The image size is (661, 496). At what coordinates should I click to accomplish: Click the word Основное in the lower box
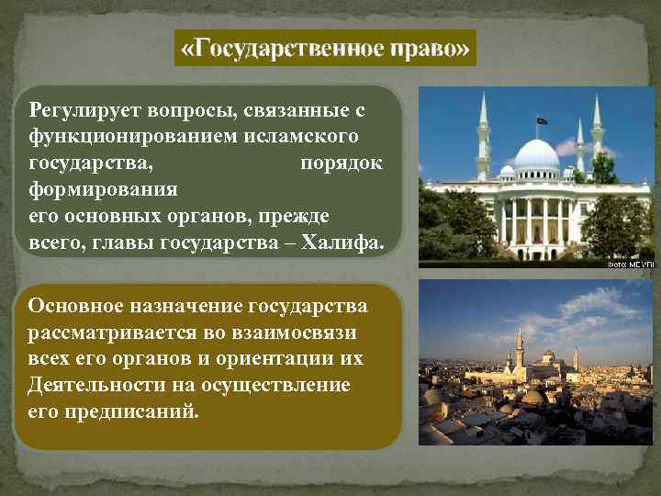[73, 306]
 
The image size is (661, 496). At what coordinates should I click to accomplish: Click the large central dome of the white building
[537, 156]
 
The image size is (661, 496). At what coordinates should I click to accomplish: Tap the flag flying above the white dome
[543, 120]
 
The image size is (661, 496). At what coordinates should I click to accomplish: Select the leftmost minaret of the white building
[484, 138]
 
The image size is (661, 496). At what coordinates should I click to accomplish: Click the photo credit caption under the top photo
[627, 265]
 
